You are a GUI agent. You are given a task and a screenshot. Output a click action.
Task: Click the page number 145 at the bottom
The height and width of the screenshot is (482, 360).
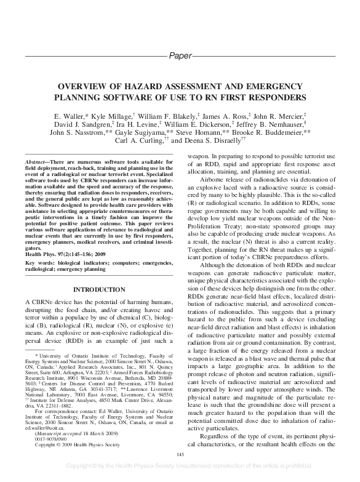tap(180, 454)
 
